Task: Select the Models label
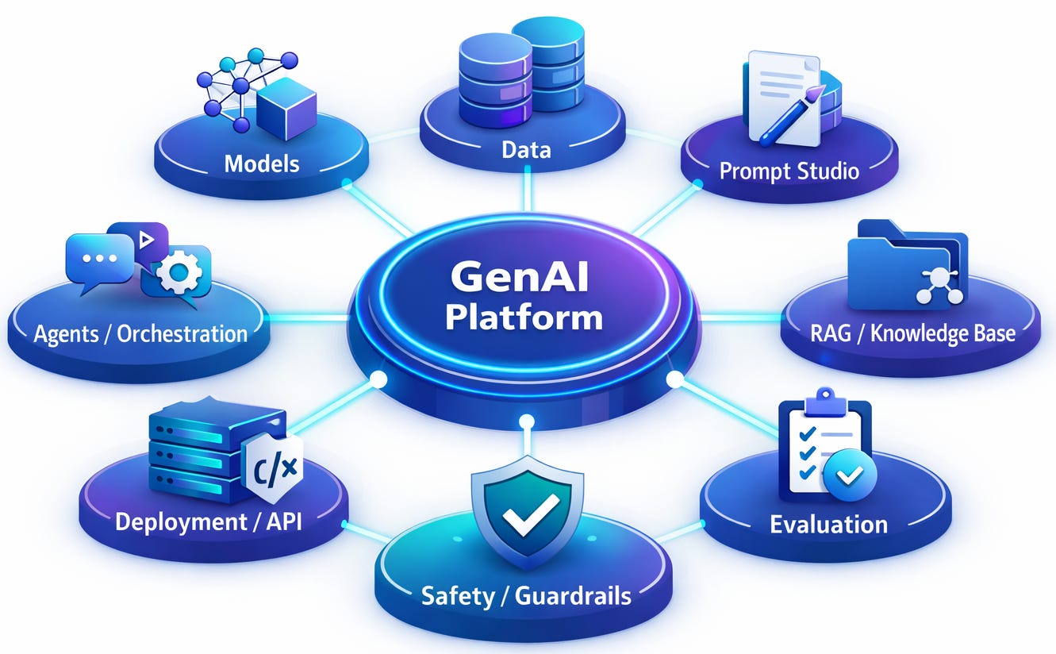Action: click(262, 163)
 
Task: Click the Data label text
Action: click(526, 148)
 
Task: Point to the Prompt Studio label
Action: click(789, 170)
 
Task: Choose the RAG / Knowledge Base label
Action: click(912, 333)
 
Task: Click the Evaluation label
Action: click(828, 524)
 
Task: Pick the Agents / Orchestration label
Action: click(140, 333)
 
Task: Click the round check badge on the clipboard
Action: click(850, 475)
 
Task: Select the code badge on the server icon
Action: click(274, 468)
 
